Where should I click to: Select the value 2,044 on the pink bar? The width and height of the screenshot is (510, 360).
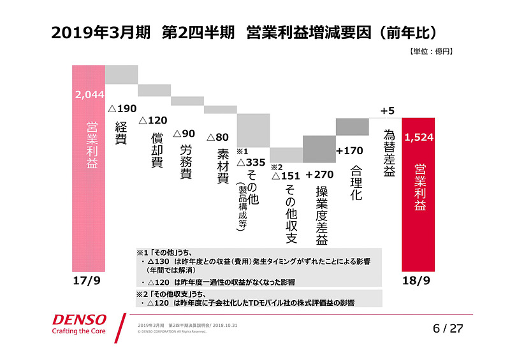pos(88,95)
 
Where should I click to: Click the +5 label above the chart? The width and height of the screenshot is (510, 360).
pos(387,111)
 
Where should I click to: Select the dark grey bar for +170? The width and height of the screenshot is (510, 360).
pos(352,126)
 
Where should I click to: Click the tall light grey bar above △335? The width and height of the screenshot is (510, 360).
pos(253,130)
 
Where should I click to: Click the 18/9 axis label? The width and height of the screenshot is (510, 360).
pos(418,280)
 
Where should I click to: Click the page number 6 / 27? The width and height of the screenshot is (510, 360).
pos(446,328)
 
